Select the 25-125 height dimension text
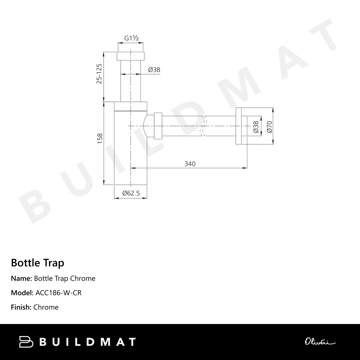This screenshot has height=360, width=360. (99, 74)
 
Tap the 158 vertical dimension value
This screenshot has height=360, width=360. (100, 139)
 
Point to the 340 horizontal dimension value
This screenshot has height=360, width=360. (190, 164)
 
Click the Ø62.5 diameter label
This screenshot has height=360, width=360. (131, 193)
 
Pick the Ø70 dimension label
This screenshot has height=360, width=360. (269, 127)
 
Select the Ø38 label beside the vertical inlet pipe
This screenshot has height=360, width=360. (154, 70)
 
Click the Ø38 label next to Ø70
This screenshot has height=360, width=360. (256, 127)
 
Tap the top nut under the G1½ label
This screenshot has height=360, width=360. (131, 56)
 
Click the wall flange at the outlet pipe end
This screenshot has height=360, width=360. (241, 126)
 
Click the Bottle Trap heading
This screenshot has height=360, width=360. (37, 263)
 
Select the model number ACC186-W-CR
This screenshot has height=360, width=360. (59, 293)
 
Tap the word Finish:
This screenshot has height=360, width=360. (21, 307)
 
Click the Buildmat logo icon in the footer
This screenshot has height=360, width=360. (26, 342)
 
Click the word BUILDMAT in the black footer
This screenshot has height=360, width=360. (87, 342)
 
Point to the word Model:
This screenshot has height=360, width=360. (22, 293)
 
